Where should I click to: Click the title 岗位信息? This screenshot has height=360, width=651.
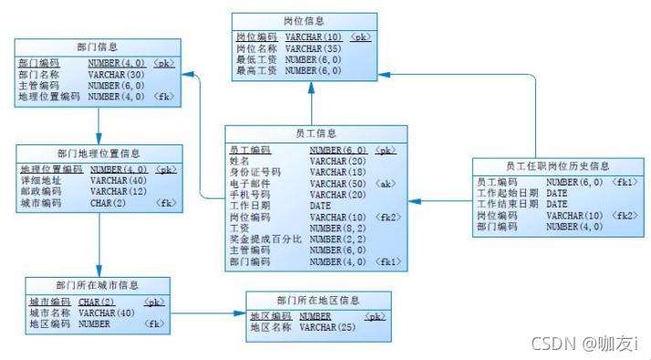304,21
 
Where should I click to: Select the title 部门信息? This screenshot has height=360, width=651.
99,47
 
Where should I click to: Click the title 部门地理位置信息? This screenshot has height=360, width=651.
99,154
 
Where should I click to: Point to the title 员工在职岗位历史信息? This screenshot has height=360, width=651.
557,166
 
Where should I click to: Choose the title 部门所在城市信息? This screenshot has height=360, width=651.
97,286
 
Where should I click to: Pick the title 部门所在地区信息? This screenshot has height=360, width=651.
318,300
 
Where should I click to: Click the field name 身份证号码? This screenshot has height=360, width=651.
255,172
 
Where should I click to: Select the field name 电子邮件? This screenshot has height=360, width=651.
249,183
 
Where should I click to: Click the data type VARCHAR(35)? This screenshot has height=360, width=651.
313,48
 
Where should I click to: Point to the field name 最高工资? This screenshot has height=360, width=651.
256,70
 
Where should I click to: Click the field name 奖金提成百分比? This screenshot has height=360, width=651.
266,239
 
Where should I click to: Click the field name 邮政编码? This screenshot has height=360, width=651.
41,192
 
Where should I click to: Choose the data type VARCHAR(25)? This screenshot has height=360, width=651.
327,327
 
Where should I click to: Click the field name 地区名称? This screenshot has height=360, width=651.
270,327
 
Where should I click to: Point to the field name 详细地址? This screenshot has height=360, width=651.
41,181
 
